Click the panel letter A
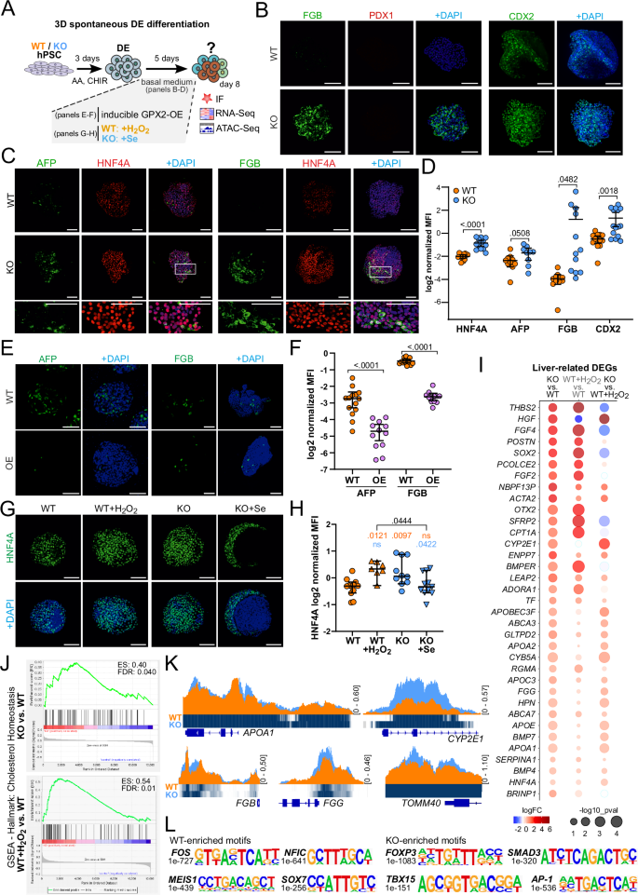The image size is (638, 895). [x=7, y=8]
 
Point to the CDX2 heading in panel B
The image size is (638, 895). [x=522, y=14]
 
